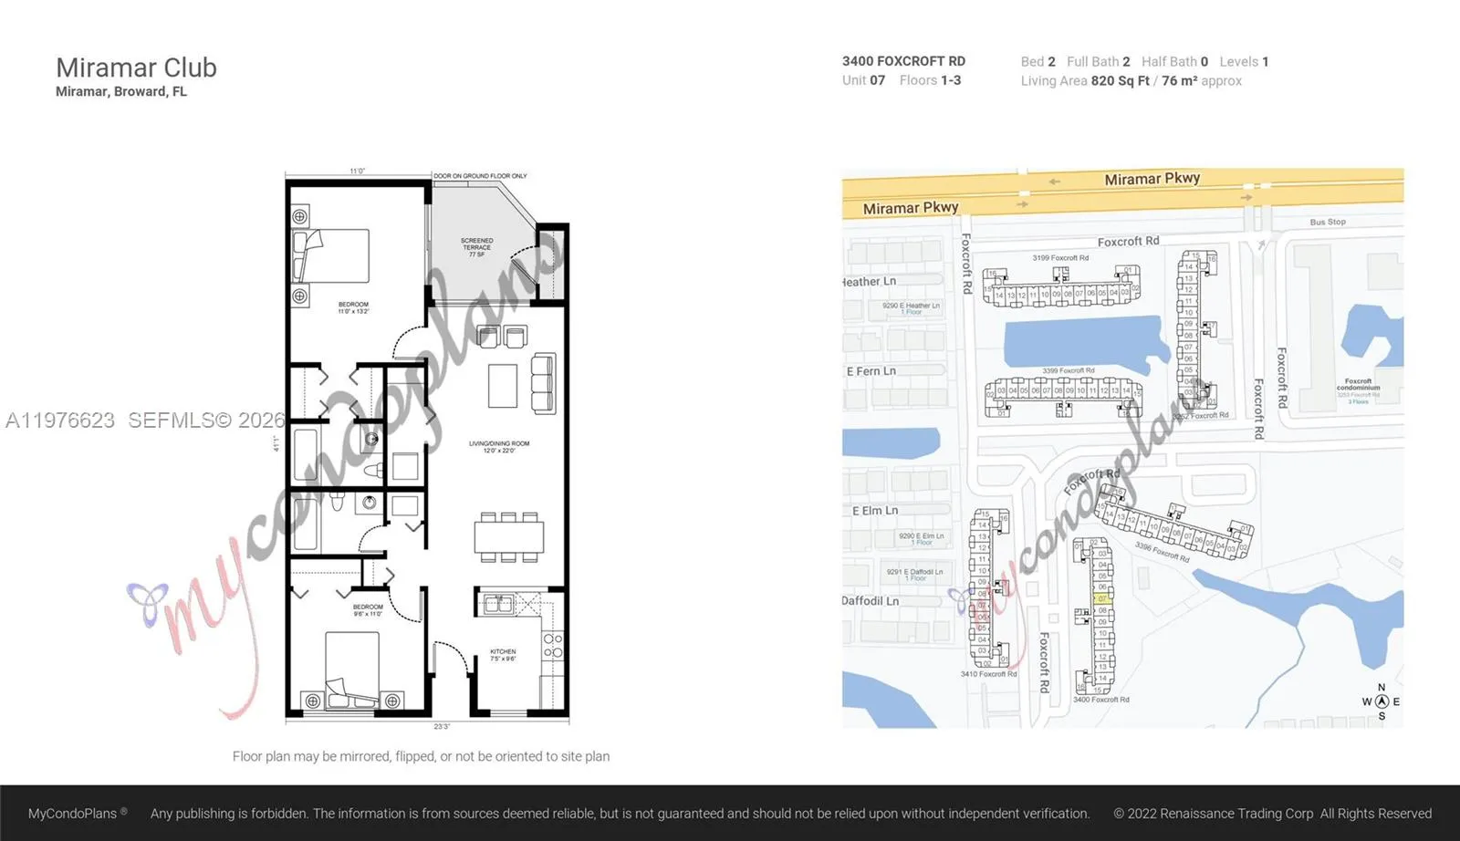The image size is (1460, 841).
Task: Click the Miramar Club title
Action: tap(136, 67)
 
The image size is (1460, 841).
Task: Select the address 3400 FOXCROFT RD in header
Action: tap(903, 61)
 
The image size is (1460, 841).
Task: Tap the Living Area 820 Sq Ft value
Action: tap(1120, 81)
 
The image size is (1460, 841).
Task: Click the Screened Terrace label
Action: tap(476, 246)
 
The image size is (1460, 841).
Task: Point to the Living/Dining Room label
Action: tap(499, 446)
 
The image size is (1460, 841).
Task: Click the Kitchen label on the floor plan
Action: tap(503, 654)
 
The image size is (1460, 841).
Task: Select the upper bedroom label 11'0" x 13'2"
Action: tap(353, 307)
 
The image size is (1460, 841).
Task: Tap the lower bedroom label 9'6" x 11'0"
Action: tap(368, 609)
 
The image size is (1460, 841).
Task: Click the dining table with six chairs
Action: tap(508, 536)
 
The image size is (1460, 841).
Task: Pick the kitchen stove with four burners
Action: tap(553, 646)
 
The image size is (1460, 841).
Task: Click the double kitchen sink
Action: tap(498, 603)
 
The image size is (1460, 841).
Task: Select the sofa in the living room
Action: tap(543, 382)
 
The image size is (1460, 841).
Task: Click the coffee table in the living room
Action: tap(503, 385)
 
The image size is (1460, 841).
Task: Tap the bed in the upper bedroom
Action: tap(331, 255)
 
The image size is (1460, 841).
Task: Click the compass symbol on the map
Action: tap(1382, 701)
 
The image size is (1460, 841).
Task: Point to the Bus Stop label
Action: tap(1327, 222)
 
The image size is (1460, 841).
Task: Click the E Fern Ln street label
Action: tap(871, 371)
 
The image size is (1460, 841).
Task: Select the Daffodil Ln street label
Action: tap(870, 601)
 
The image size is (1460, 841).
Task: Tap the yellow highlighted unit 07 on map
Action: tap(1101, 598)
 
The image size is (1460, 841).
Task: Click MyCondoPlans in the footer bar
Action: tap(72, 813)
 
